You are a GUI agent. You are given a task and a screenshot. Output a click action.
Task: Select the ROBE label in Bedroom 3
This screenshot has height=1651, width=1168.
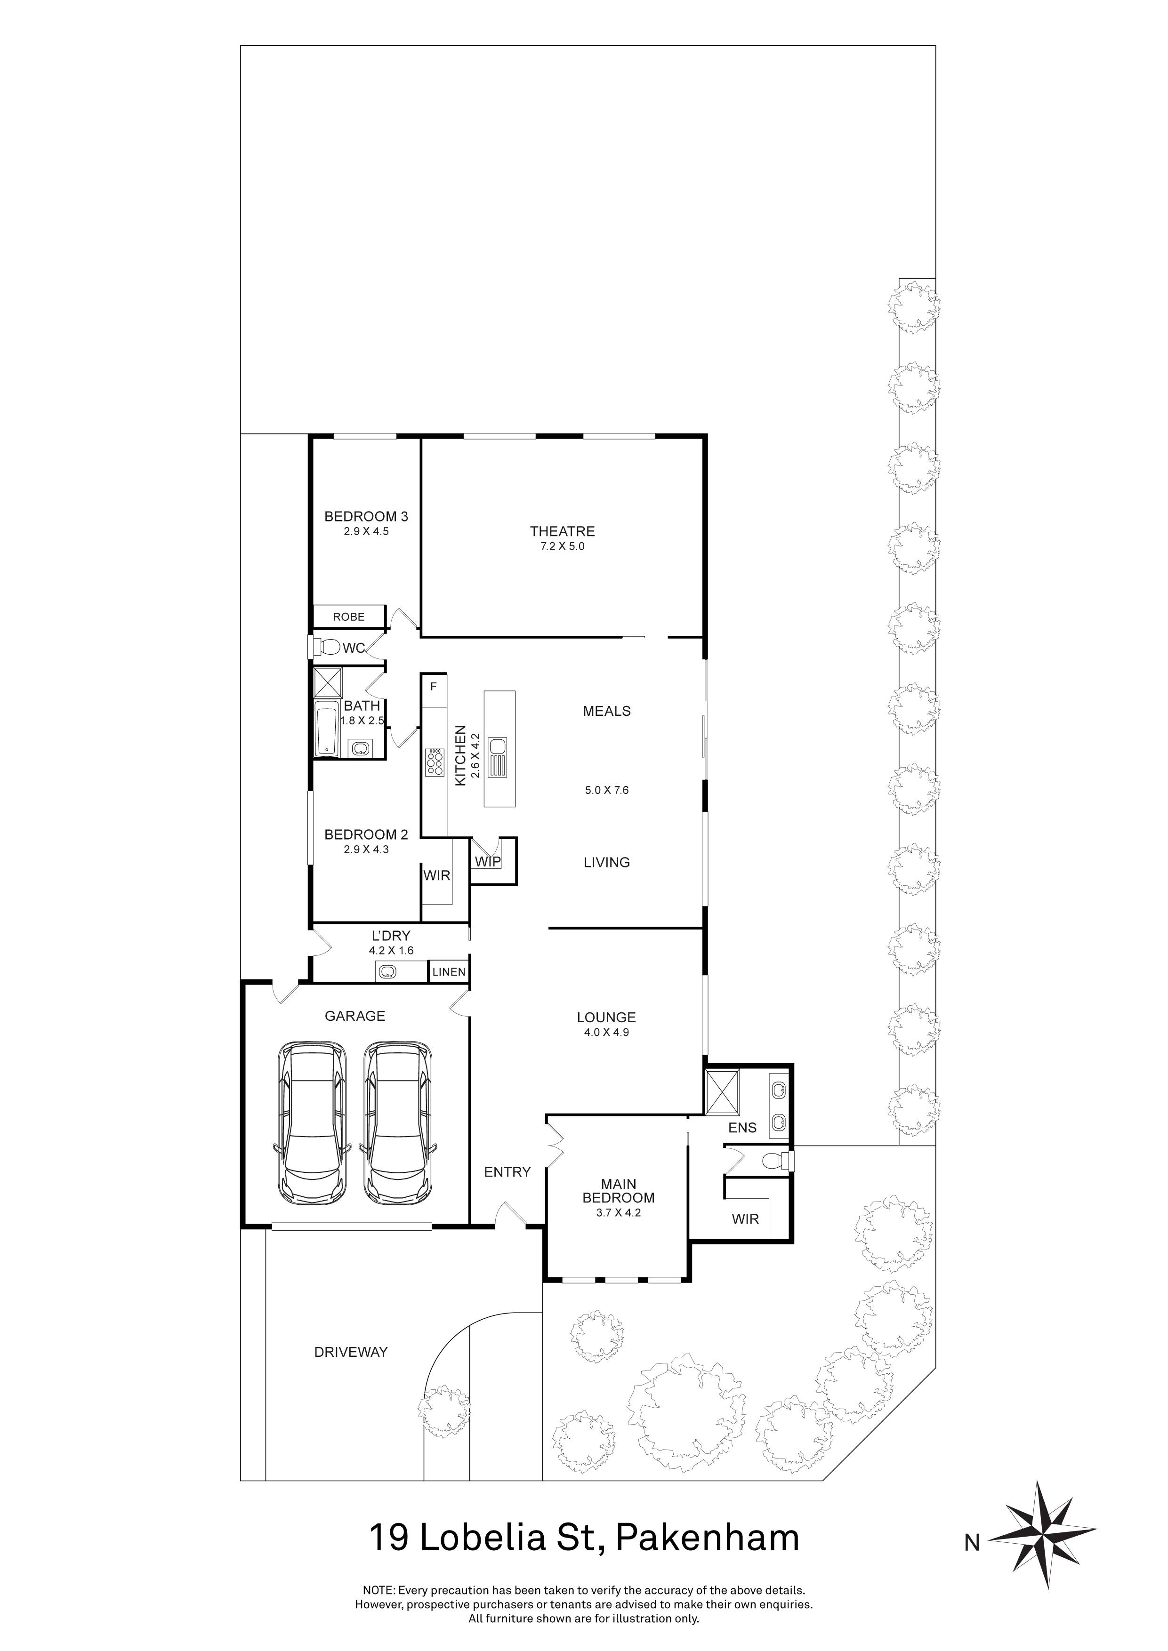tap(349, 617)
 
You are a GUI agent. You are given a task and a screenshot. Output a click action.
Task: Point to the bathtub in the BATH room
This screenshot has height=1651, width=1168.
tap(327, 730)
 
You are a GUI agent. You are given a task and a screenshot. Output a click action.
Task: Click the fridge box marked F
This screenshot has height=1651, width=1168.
tap(434, 687)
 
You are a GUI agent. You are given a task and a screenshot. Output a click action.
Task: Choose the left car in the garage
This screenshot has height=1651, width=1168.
tap(312, 1124)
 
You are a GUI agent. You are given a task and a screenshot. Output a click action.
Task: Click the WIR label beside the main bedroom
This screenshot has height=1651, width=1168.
tap(745, 1219)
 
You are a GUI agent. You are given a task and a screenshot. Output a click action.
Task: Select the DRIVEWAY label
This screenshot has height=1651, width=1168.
tap(351, 1352)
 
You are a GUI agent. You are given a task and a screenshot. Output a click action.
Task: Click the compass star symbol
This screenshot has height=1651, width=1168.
tap(1043, 1541)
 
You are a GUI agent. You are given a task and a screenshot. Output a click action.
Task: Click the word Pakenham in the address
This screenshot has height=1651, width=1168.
tap(708, 1538)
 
